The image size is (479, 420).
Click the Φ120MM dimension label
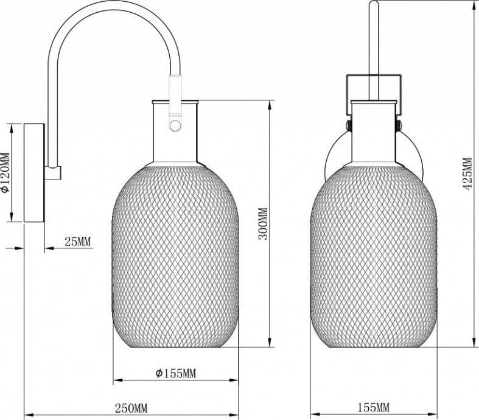[x=6, y=172]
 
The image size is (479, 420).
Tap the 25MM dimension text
[x=77, y=242]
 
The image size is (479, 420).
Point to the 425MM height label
[x=467, y=174]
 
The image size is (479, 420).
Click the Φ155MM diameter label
[x=175, y=373]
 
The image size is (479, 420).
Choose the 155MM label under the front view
[x=374, y=407]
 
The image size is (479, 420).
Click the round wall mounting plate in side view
[x=33, y=173]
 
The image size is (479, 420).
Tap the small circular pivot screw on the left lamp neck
[x=175, y=125]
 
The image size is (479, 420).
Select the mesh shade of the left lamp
[x=175, y=256]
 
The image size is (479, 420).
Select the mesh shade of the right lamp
[x=374, y=256]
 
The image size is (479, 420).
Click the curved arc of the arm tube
[x=110, y=15]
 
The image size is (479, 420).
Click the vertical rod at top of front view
[x=374, y=37]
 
